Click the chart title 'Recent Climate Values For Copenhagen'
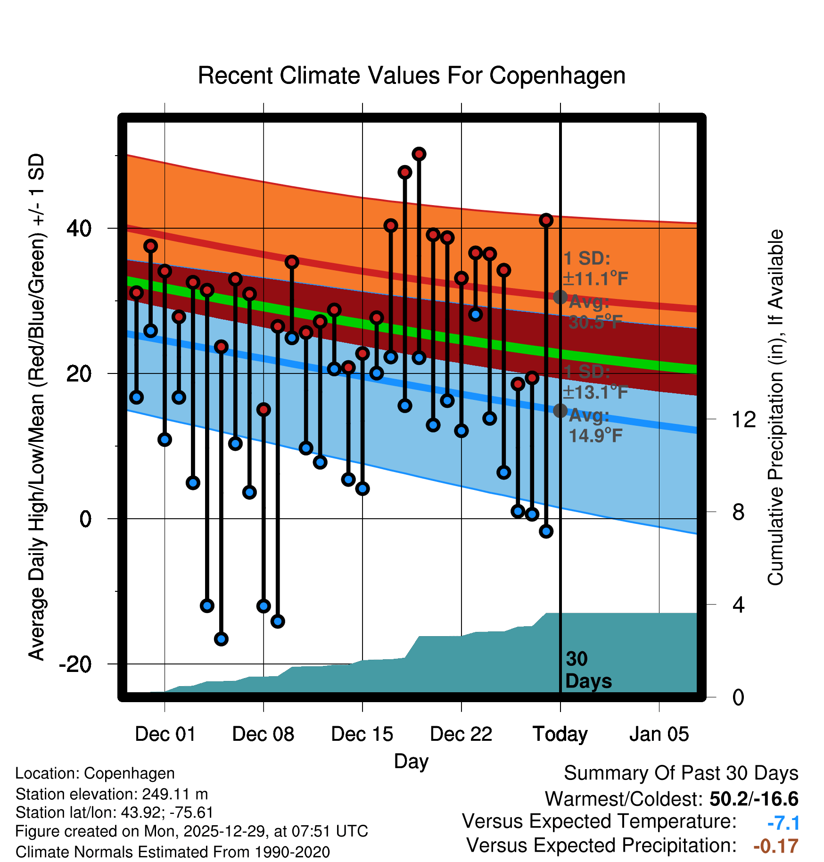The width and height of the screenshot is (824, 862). [x=412, y=75]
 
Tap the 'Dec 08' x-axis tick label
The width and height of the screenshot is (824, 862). [x=263, y=734]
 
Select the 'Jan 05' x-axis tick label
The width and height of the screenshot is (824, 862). [x=659, y=734]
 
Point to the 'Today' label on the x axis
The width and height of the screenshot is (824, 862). [x=560, y=734]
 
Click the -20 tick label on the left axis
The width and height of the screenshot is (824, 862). [x=75, y=664]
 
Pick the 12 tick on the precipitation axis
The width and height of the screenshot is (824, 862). [x=744, y=419]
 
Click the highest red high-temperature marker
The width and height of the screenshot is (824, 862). [x=419, y=154]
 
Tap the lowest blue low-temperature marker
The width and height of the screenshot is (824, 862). [x=221, y=639]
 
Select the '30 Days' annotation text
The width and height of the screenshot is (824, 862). [x=588, y=670]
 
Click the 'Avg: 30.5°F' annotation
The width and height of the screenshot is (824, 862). [x=595, y=312]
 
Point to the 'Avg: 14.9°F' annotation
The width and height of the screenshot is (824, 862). [x=595, y=425]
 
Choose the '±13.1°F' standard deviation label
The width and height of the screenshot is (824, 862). [x=596, y=392]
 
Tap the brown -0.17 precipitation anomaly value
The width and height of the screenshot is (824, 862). [x=776, y=846]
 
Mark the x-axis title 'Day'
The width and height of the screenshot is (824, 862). [x=411, y=761]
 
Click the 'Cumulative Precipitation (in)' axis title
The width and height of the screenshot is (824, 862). [x=775, y=407]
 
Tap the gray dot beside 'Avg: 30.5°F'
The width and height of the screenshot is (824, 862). [x=560, y=297]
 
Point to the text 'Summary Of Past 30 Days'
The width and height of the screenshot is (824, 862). [x=681, y=773]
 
